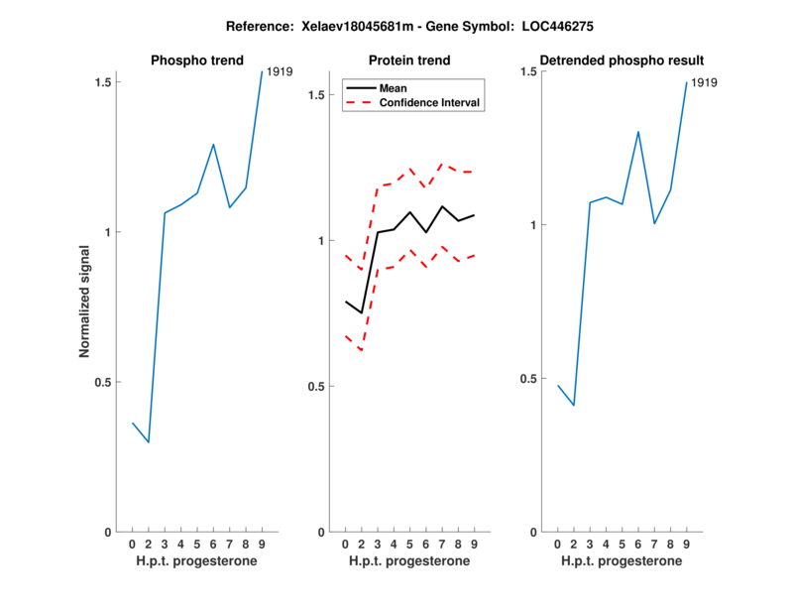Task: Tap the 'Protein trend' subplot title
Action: click(x=409, y=61)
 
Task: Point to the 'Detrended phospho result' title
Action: click(x=622, y=61)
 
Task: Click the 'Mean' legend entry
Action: click(x=393, y=87)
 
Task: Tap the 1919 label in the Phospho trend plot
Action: click(x=280, y=71)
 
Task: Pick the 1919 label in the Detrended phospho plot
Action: click(x=704, y=82)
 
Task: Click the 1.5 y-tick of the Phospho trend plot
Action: click(x=103, y=81)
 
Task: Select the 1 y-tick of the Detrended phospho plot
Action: click(x=532, y=225)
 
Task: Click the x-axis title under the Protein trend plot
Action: click(x=409, y=561)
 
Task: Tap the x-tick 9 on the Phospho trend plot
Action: click(x=261, y=545)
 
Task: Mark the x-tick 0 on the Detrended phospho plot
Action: click(x=558, y=545)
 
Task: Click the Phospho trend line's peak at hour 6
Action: click(x=213, y=144)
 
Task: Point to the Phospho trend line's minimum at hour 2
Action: click(x=148, y=442)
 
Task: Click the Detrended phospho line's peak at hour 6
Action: click(x=638, y=131)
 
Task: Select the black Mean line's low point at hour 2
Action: click(x=361, y=313)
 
